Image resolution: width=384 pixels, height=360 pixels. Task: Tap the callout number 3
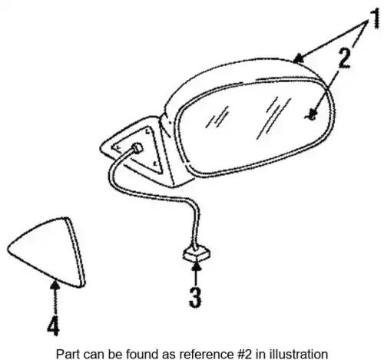click(x=195, y=297)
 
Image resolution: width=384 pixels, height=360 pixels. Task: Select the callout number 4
click(x=54, y=325)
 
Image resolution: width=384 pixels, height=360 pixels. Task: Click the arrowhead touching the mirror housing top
click(x=299, y=58)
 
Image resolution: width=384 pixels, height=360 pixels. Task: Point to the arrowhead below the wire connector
click(x=197, y=266)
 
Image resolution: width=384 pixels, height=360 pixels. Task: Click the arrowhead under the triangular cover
click(x=55, y=285)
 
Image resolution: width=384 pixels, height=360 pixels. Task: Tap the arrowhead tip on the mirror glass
click(x=311, y=116)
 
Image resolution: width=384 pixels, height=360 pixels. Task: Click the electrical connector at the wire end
click(x=197, y=253)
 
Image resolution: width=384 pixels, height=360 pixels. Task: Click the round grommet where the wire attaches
click(x=137, y=148)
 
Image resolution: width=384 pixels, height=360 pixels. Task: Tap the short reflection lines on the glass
click(x=217, y=117)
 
